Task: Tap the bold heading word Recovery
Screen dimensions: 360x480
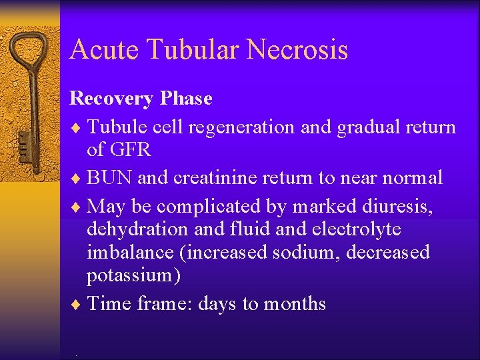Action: [x=111, y=99]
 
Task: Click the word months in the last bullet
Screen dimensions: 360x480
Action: [x=295, y=304]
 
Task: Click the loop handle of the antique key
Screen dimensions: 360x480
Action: [x=31, y=53]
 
